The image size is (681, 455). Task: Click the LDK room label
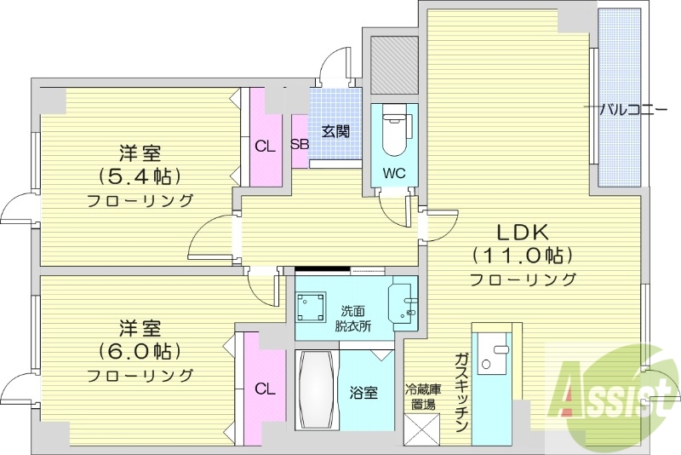pyautogui.click(x=522, y=231)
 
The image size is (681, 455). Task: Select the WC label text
pyautogui.click(x=392, y=172)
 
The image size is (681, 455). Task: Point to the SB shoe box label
pyautogui.click(x=300, y=144)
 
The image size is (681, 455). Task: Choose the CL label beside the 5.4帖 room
pyautogui.click(x=265, y=146)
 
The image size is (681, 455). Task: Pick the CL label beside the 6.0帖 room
pyautogui.click(x=265, y=389)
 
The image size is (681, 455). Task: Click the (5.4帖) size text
pyautogui.click(x=140, y=177)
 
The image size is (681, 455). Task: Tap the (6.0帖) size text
pyautogui.click(x=140, y=351)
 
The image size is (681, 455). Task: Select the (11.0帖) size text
pyautogui.click(x=522, y=255)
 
